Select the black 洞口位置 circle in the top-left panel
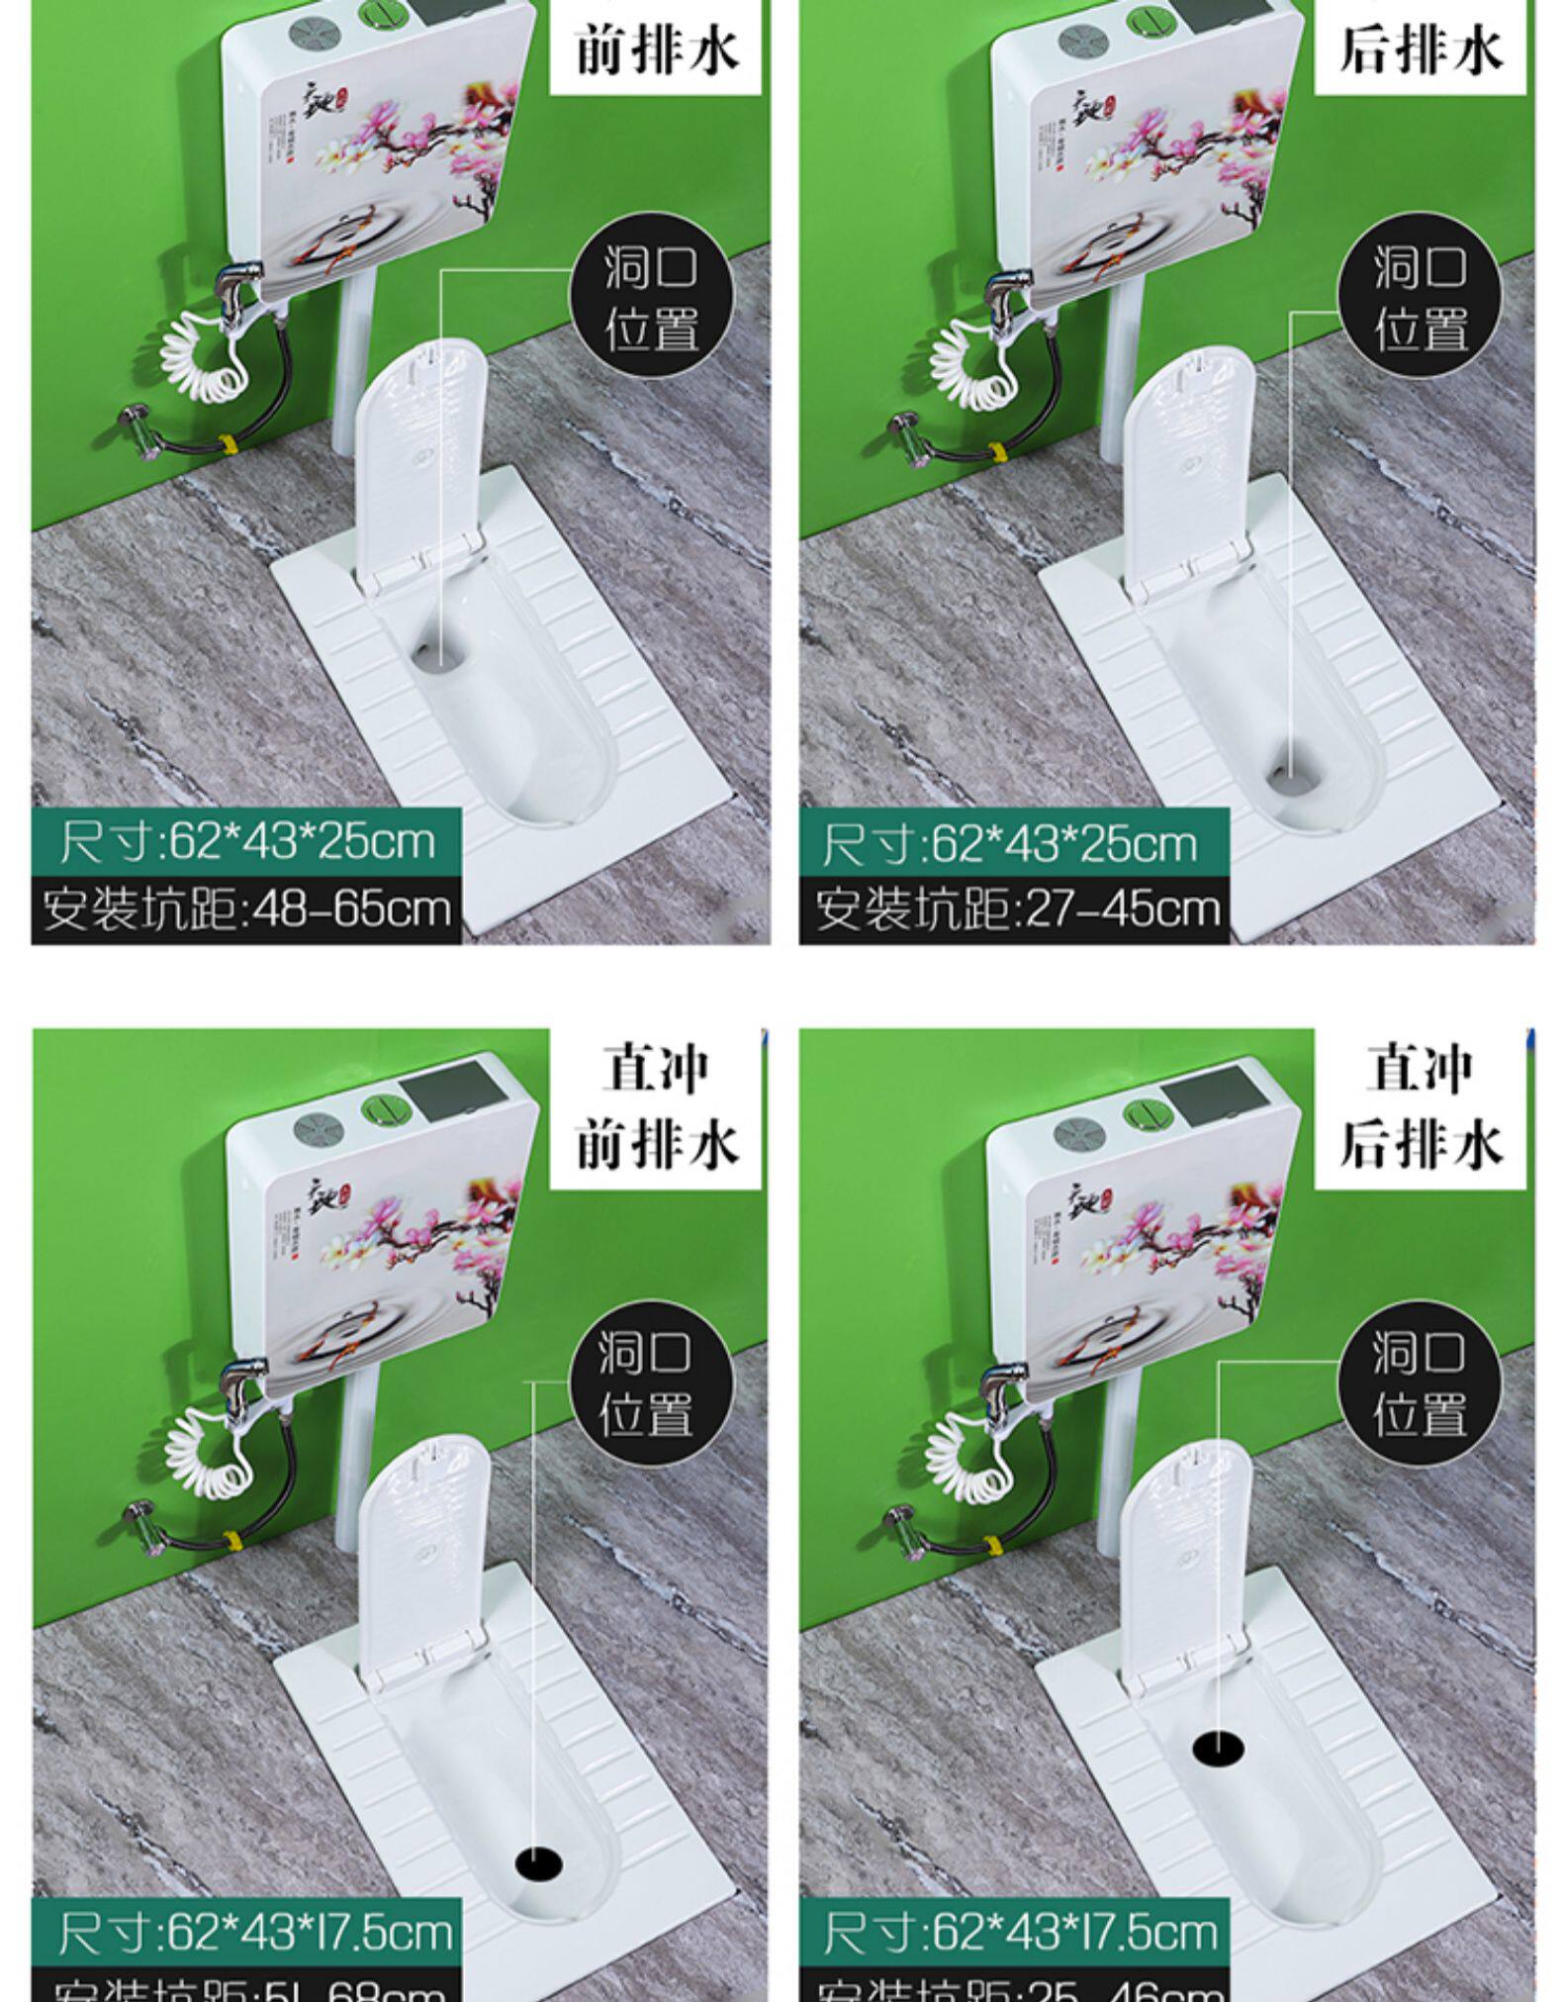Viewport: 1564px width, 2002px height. tap(652, 298)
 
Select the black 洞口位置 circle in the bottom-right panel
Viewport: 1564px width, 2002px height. tap(1419, 1382)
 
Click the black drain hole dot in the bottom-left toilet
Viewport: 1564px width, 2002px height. tap(539, 1864)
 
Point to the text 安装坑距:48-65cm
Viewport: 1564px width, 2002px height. tap(246, 908)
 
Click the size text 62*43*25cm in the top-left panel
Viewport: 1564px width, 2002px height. tap(246, 842)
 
